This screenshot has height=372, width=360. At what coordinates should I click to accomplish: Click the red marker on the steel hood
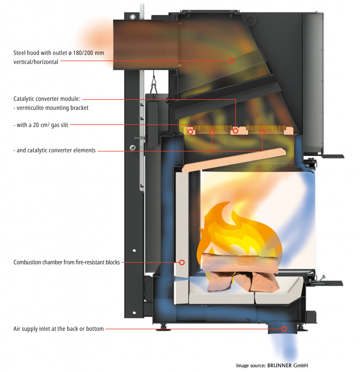pyautogui.click(x=231, y=61)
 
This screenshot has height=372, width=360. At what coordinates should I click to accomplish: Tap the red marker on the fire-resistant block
pyautogui.click(x=182, y=262)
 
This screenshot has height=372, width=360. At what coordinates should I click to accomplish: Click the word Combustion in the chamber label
pyautogui.click(x=28, y=262)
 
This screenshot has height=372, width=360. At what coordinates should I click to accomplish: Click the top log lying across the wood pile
pyautogui.click(x=240, y=262)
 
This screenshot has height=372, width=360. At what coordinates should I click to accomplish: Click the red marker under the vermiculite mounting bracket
pyautogui.click(x=236, y=130)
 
